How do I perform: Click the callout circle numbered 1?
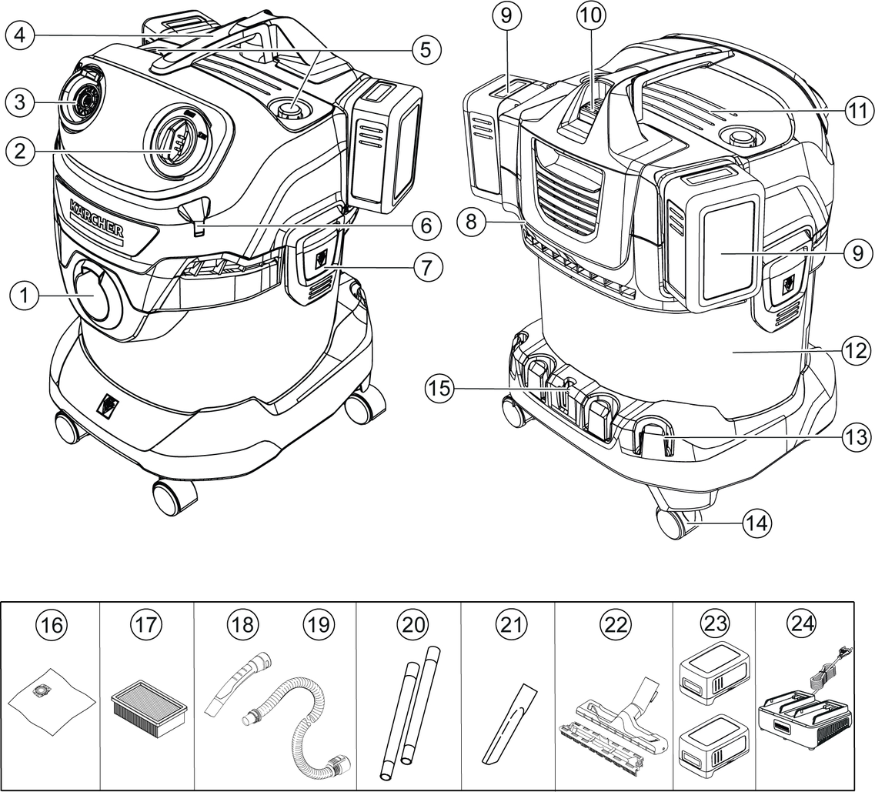[x=25, y=296]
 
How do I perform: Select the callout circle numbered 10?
[x=593, y=15]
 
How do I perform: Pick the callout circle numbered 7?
[x=427, y=268]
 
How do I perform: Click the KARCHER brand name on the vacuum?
[x=96, y=219]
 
